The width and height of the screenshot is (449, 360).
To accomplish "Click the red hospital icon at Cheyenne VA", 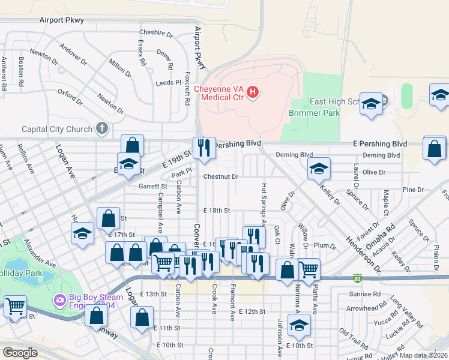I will tap(253, 92).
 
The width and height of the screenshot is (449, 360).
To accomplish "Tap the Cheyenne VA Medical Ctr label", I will tap(220, 93).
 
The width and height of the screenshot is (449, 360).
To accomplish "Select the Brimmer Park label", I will tap(314, 113).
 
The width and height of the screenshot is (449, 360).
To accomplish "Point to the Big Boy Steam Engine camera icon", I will tap(60, 300).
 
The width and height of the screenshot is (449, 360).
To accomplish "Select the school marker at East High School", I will tap(372, 105).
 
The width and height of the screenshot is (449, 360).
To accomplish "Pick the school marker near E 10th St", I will tap(298, 325).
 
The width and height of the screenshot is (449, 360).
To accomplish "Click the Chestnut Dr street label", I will tap(221, 177).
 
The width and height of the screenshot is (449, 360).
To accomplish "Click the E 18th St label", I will tap(217, 211).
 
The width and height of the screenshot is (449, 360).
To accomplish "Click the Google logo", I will tap(20, 353).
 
